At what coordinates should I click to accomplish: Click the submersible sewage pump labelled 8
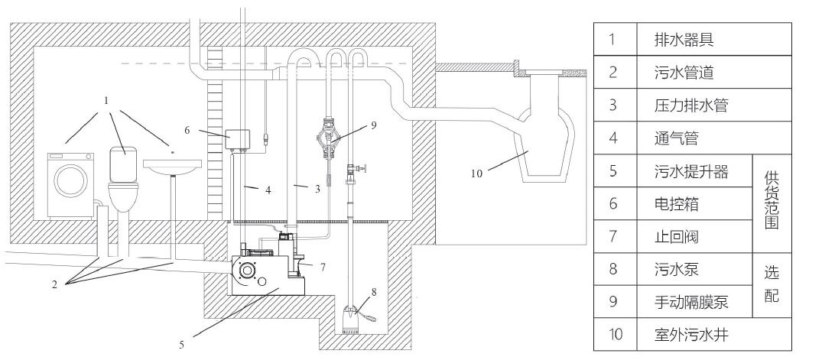click(x=353, y=313)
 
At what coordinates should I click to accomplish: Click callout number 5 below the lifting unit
click(x=181, y=345)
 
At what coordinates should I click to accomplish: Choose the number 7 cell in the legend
click(x=613, y=236)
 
